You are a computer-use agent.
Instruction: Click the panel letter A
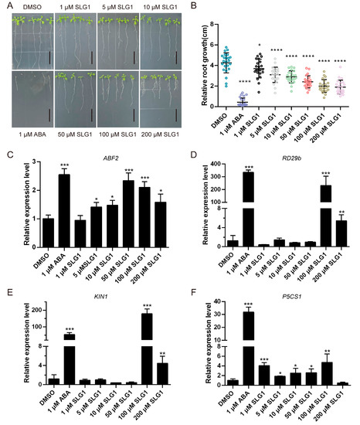5,5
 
